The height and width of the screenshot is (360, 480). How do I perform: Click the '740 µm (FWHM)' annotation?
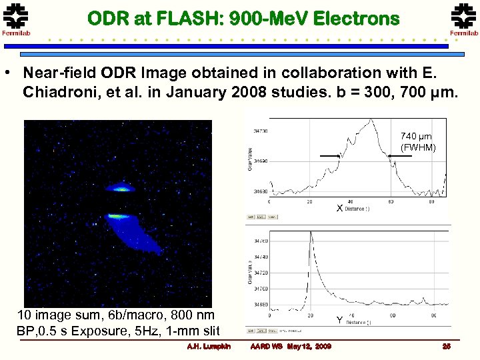(417, 142)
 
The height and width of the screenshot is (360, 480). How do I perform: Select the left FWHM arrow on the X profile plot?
(331, 156)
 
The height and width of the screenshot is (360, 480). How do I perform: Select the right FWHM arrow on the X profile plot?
(400, 156)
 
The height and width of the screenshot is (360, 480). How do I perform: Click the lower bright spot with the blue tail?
(119, 216)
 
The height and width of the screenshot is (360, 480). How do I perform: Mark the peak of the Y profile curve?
(310, 233)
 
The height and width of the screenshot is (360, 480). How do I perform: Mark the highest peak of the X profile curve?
(369, 121)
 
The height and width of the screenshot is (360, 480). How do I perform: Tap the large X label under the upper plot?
(339, 208)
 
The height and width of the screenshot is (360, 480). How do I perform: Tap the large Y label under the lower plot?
(339, 320)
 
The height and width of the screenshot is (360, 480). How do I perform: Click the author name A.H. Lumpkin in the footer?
(209, 346)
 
